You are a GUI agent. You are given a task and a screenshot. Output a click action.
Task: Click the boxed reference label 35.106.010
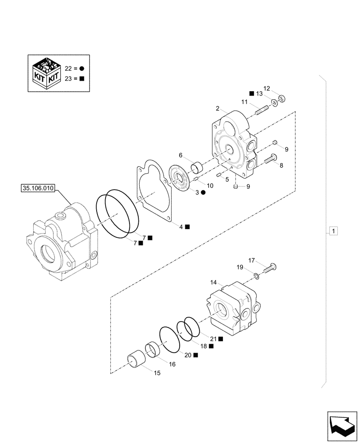click(37, 188)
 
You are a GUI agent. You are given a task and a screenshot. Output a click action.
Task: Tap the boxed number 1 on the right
click(333, 231)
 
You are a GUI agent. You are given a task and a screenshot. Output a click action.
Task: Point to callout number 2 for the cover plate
click(218, 109)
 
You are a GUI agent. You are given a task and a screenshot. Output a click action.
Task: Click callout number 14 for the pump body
click(213, 282)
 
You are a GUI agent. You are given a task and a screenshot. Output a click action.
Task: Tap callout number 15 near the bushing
click(157, 373)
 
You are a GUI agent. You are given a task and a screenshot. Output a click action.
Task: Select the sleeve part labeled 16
click(153, 350)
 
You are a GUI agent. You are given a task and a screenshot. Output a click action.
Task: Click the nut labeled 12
click(281, 98)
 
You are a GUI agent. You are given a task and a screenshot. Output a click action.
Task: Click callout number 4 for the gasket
click(181, 226)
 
